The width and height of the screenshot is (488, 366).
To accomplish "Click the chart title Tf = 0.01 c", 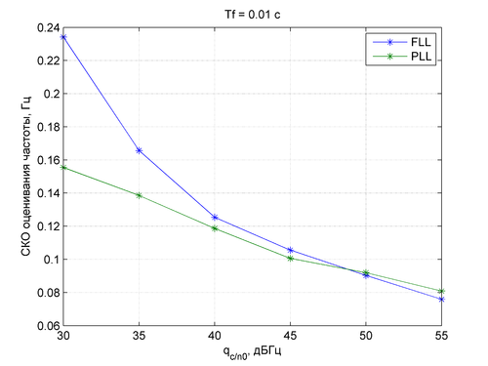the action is point(253,15).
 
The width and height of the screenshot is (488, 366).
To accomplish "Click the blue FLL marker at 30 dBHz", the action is point(63,37).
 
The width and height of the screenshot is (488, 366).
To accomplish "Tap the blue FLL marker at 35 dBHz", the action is point(139,150).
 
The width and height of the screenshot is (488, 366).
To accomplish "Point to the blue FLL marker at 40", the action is point(215,217).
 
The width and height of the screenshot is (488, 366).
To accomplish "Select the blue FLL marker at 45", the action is point(290,250).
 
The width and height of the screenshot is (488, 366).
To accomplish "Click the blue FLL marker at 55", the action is point(441,300).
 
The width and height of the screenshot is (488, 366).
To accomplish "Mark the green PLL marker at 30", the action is point(63,168).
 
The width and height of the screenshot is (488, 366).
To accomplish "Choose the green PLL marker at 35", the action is point(139,195).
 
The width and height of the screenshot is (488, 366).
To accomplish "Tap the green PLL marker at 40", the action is point(215,228).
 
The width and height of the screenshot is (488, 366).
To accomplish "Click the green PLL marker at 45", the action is point(290,259).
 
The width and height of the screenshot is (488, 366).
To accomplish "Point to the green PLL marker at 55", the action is point(441,291).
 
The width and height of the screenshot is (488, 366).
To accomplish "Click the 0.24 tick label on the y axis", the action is point(49,28).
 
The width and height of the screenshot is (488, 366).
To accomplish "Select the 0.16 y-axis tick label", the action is point(49,160).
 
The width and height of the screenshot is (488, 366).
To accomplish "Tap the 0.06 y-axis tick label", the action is point(49,325).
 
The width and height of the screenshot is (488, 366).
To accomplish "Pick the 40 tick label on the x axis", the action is point(215,336).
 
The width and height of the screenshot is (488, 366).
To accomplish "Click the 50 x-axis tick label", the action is point(366,336).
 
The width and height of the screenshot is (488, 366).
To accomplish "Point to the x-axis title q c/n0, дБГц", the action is point(252,352).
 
